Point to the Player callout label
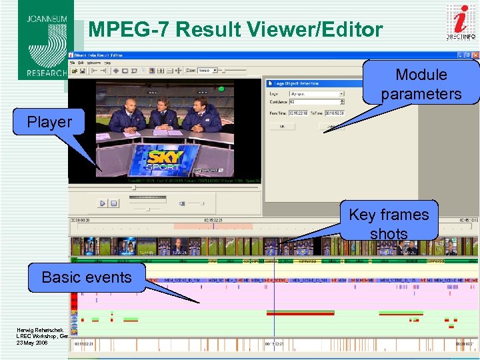[49, 122]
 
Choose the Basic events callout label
[87, 277]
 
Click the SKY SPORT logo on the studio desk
[164, 161]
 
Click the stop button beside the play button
[114, 203]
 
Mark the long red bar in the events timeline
[300, 313]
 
